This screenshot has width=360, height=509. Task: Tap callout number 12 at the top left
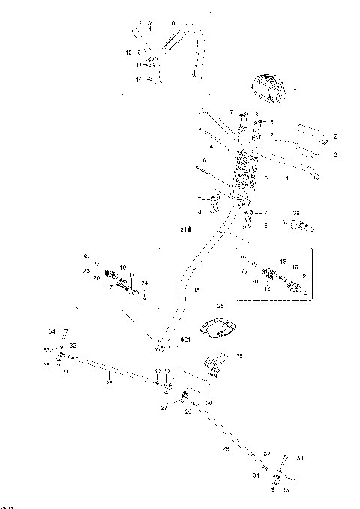coord(137,24)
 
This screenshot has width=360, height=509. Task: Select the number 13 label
coord(128,52)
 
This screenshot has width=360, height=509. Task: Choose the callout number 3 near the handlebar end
coord(335,154)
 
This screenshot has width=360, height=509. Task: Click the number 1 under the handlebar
coord(285,178)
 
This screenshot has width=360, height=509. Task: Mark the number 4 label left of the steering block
coord(211,148)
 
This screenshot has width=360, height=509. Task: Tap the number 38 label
coord(296,213)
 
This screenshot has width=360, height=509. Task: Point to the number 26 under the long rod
coord(109,382)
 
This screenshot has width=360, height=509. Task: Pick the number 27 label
coord(163,407)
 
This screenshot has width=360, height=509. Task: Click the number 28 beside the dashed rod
coord(224,449)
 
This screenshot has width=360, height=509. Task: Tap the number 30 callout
coord(209,403)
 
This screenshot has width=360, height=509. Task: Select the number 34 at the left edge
coord(52,331)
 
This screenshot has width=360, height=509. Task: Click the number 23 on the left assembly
coord(86,270)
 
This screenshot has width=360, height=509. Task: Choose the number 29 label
coord(187,412)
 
